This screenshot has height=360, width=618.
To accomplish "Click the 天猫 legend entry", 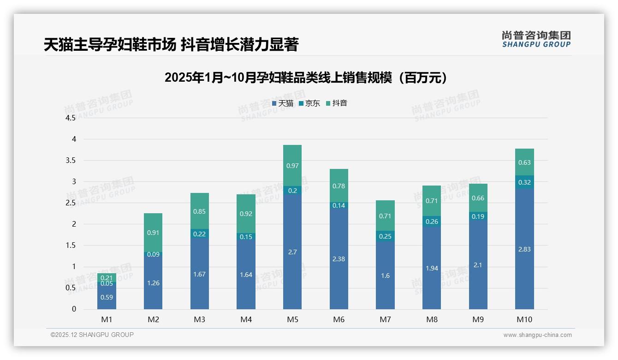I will (x=283, y=103).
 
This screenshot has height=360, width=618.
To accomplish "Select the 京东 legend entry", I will (x=309, y=103).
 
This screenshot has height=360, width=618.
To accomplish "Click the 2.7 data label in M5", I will (x=292, y=252).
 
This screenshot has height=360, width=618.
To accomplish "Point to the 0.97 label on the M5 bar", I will (x=292, y=165).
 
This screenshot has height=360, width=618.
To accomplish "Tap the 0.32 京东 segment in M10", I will (x=524, y=182).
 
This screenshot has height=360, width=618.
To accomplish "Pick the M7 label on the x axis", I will (x=385, y=319).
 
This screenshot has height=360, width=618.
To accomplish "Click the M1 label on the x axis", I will (x=107, y=319).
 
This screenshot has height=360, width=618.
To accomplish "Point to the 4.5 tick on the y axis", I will (x=71, y=118).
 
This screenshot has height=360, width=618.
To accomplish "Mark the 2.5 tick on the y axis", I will (x=71, y=203).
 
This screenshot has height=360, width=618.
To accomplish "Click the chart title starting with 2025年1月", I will (x=306, y=78).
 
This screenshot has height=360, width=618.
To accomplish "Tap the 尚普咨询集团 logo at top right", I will (x=536, y=39).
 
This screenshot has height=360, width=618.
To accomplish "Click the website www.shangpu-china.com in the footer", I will (x=537, y=335).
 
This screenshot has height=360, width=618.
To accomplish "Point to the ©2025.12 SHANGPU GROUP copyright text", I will (x=92, y=335).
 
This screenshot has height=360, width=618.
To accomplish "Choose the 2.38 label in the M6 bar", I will (x=339, y=259).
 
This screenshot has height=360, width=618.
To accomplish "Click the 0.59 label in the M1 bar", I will (x=107, y=297).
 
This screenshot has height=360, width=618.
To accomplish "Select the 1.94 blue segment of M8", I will (x=432, y=268).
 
